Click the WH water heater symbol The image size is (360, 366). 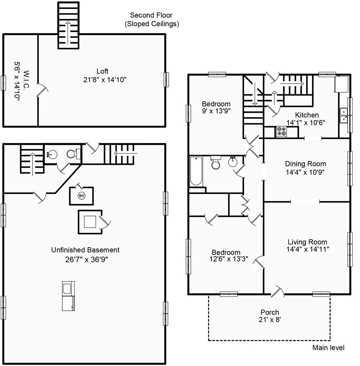point(81,196)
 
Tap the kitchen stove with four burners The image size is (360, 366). point(281,132)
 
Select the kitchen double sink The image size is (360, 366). point(344,116)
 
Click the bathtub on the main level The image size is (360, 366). point(196,171)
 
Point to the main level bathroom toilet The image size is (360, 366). point(215,162)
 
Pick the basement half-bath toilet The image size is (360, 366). point(73,154)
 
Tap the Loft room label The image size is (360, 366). point(102,71)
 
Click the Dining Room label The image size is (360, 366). point(306,164)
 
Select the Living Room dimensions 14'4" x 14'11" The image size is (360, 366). point(308,249)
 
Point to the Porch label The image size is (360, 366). point(270,312)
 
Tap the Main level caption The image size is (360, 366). point(328,348)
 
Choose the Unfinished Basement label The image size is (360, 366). point(85,250)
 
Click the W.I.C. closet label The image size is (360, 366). point(26,80)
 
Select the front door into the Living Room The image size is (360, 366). point(277,291)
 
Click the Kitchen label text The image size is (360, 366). point(307,115)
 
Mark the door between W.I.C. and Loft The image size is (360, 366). point(43,90)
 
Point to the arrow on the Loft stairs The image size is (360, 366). point(68,33)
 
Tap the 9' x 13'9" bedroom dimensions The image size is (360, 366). point(216,111)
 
